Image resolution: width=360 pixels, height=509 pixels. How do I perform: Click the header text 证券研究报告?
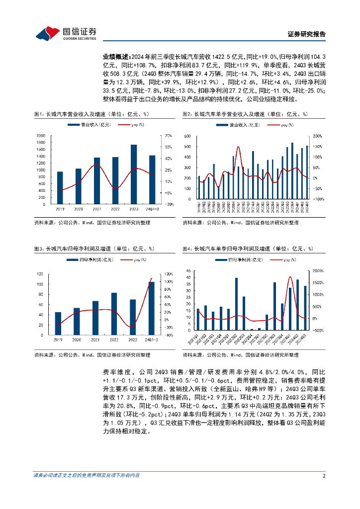point(307,34)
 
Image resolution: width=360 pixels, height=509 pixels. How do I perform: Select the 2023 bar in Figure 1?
point(133,174)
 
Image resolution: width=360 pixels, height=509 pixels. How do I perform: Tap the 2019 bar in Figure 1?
point(60,188)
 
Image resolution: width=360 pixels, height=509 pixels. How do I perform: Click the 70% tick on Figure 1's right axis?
point(168,136)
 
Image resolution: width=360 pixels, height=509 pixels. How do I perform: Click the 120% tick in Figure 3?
point(169,274)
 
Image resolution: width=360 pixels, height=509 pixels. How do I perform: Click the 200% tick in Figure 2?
point(318,136)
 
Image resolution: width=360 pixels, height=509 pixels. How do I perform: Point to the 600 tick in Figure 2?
point(188,136)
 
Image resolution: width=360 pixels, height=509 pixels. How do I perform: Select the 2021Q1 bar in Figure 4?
point(198,320)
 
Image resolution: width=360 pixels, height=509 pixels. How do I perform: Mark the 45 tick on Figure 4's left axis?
point(188,271)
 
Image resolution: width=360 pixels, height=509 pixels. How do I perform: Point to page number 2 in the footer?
point(324,476)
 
